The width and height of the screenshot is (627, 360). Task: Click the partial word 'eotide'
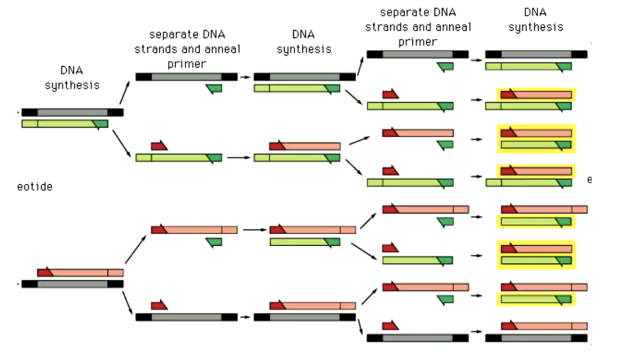coord(35,187)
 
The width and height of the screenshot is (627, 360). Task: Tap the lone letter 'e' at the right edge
coord(589,180)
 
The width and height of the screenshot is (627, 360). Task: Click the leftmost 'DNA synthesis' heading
coord(72,78)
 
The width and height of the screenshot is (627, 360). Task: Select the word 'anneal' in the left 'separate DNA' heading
coord(219,49)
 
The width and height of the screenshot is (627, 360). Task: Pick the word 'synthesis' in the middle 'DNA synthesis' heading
coord(304,49)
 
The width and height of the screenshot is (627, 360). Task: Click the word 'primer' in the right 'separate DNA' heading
coord(418,41)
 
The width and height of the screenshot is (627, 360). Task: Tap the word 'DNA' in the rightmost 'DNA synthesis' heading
coord(536,12)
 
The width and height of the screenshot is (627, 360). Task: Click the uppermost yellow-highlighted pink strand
coord(536,95)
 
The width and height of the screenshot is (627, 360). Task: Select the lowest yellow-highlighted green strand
coord(536,299)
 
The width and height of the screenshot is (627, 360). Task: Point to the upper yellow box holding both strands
coord(536,139)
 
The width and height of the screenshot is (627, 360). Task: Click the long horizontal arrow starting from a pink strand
coord(254,230)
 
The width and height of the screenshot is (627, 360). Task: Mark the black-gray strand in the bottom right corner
coord(536,337)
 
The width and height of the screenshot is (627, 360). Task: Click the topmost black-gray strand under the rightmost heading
coord(536,54)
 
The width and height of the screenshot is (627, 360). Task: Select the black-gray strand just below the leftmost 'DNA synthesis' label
coord(72,112)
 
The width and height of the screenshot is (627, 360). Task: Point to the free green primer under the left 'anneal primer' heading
coord(214,88)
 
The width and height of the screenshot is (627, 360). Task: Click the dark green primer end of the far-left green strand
coord(101,124)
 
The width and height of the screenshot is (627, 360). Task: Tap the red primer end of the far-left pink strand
coord(45,273)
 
